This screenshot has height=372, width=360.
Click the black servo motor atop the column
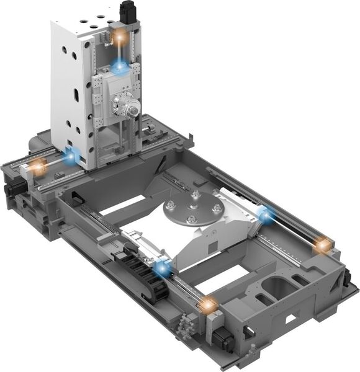click(x=128, y=12)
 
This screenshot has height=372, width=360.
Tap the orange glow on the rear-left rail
click(x=38, y=167)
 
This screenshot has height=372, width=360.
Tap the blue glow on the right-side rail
click(x=266, y=216)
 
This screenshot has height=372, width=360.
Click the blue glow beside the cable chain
click(x=163, y=269)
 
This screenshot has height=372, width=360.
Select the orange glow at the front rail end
click(x=208, y=304)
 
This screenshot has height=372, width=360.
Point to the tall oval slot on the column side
click(x=76, y=97)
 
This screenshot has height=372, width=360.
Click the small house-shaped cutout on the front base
click(x=289, y=319)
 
